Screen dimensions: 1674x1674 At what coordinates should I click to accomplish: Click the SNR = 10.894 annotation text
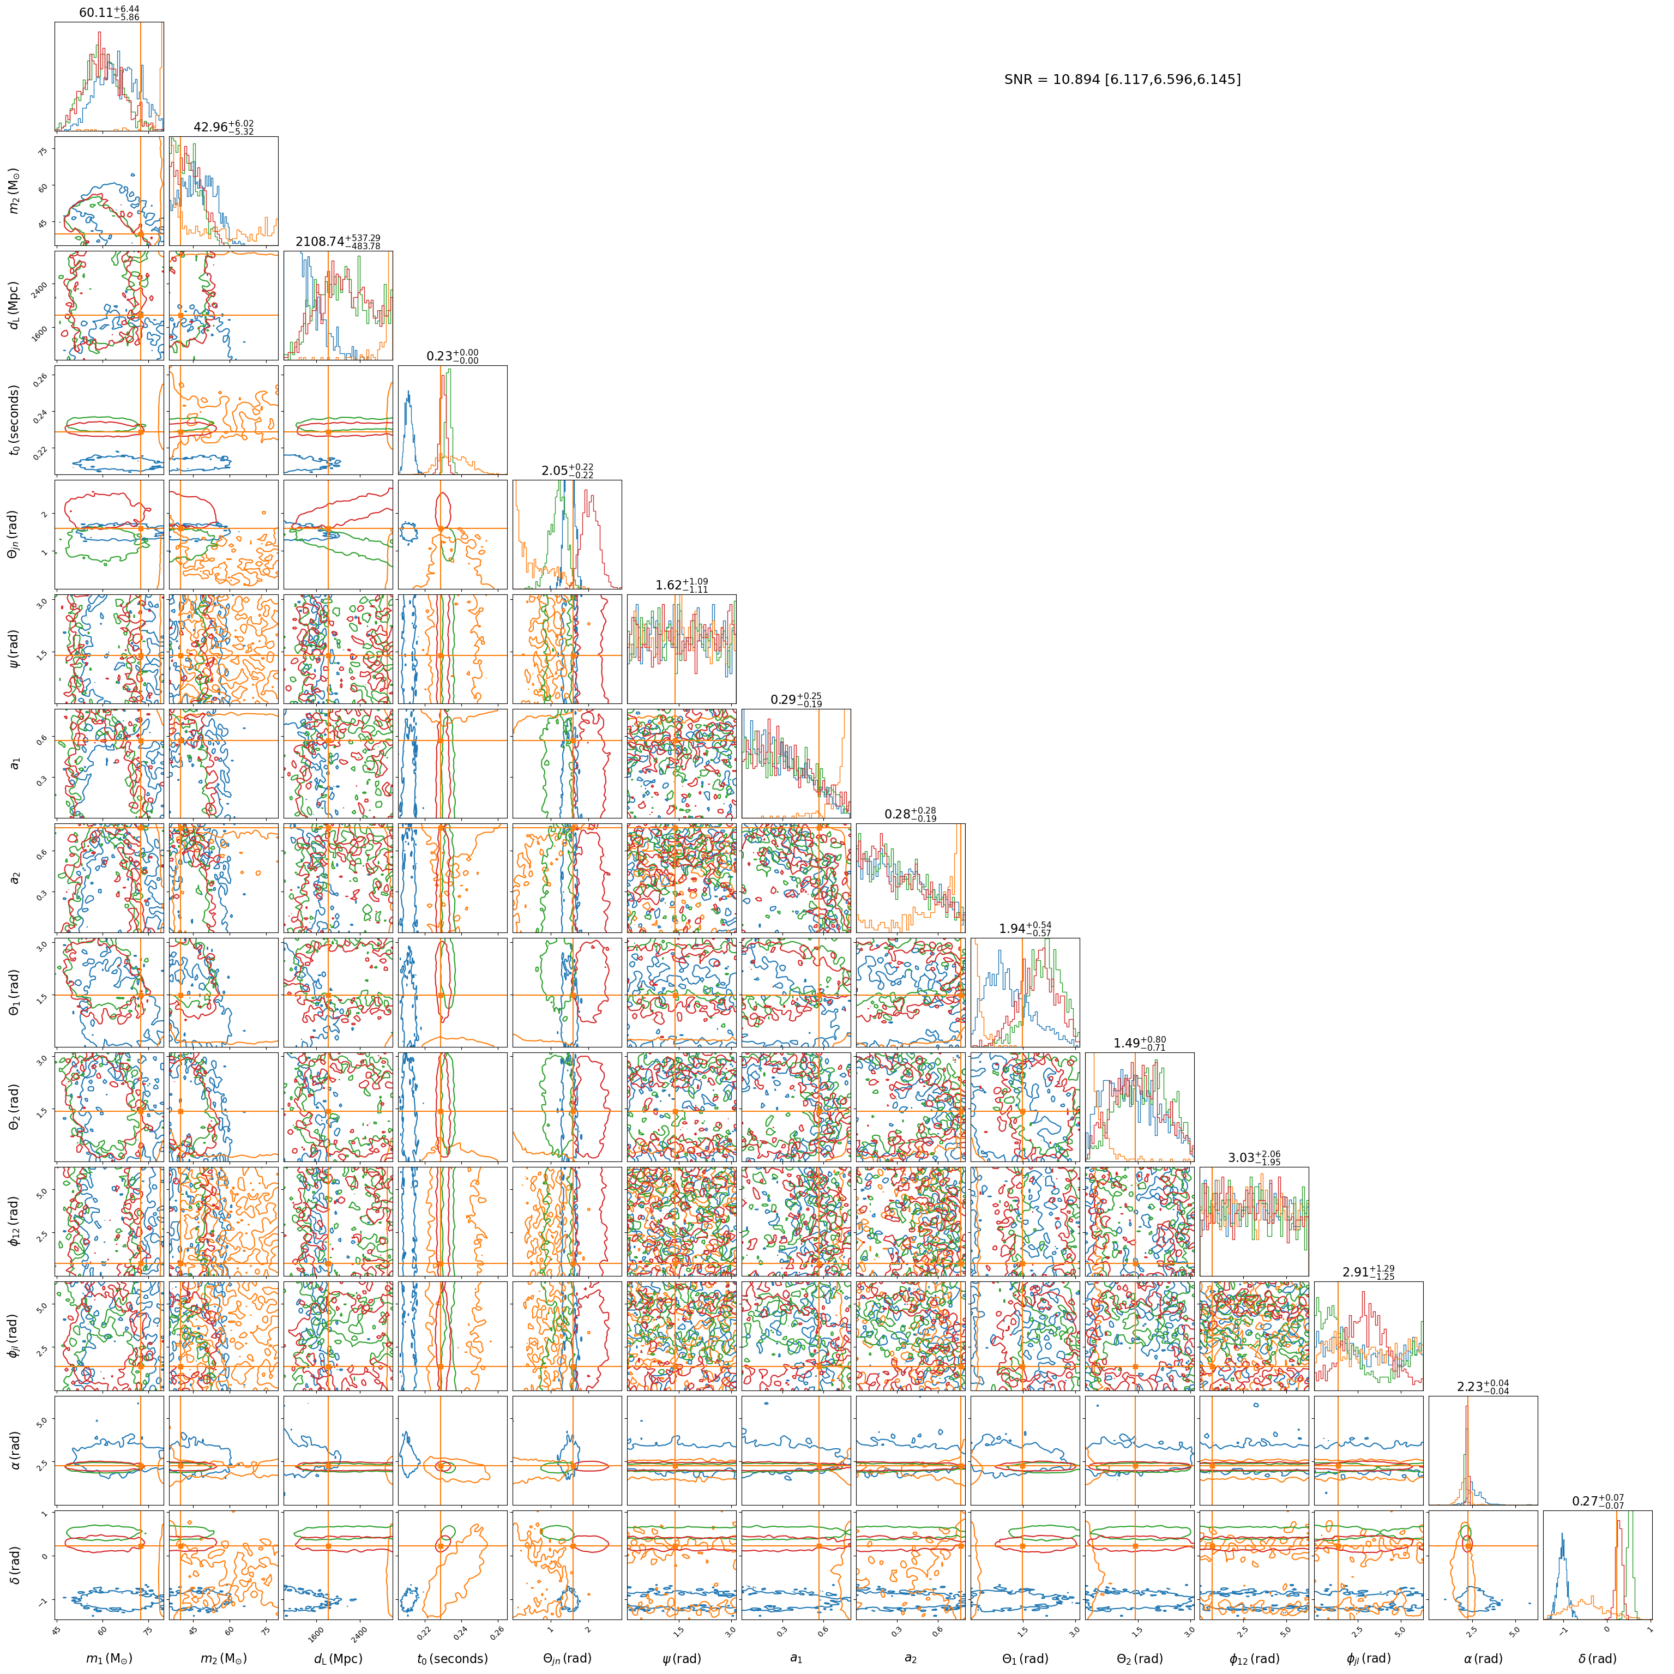click(x=1122, y=80)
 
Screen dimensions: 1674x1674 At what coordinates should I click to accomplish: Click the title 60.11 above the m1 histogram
click(x=109, y=13)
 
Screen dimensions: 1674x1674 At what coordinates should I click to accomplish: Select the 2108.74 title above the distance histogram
click(x=338, y=242)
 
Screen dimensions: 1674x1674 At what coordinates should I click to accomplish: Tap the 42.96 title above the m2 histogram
click(x=224, y=128)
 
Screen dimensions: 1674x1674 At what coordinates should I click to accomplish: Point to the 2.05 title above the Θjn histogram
click(x=568, y=471)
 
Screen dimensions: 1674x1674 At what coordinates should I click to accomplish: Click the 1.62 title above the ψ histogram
click(x=682, y=586)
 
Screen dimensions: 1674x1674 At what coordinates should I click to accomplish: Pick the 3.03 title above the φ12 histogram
click(x=1254, y=1158)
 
